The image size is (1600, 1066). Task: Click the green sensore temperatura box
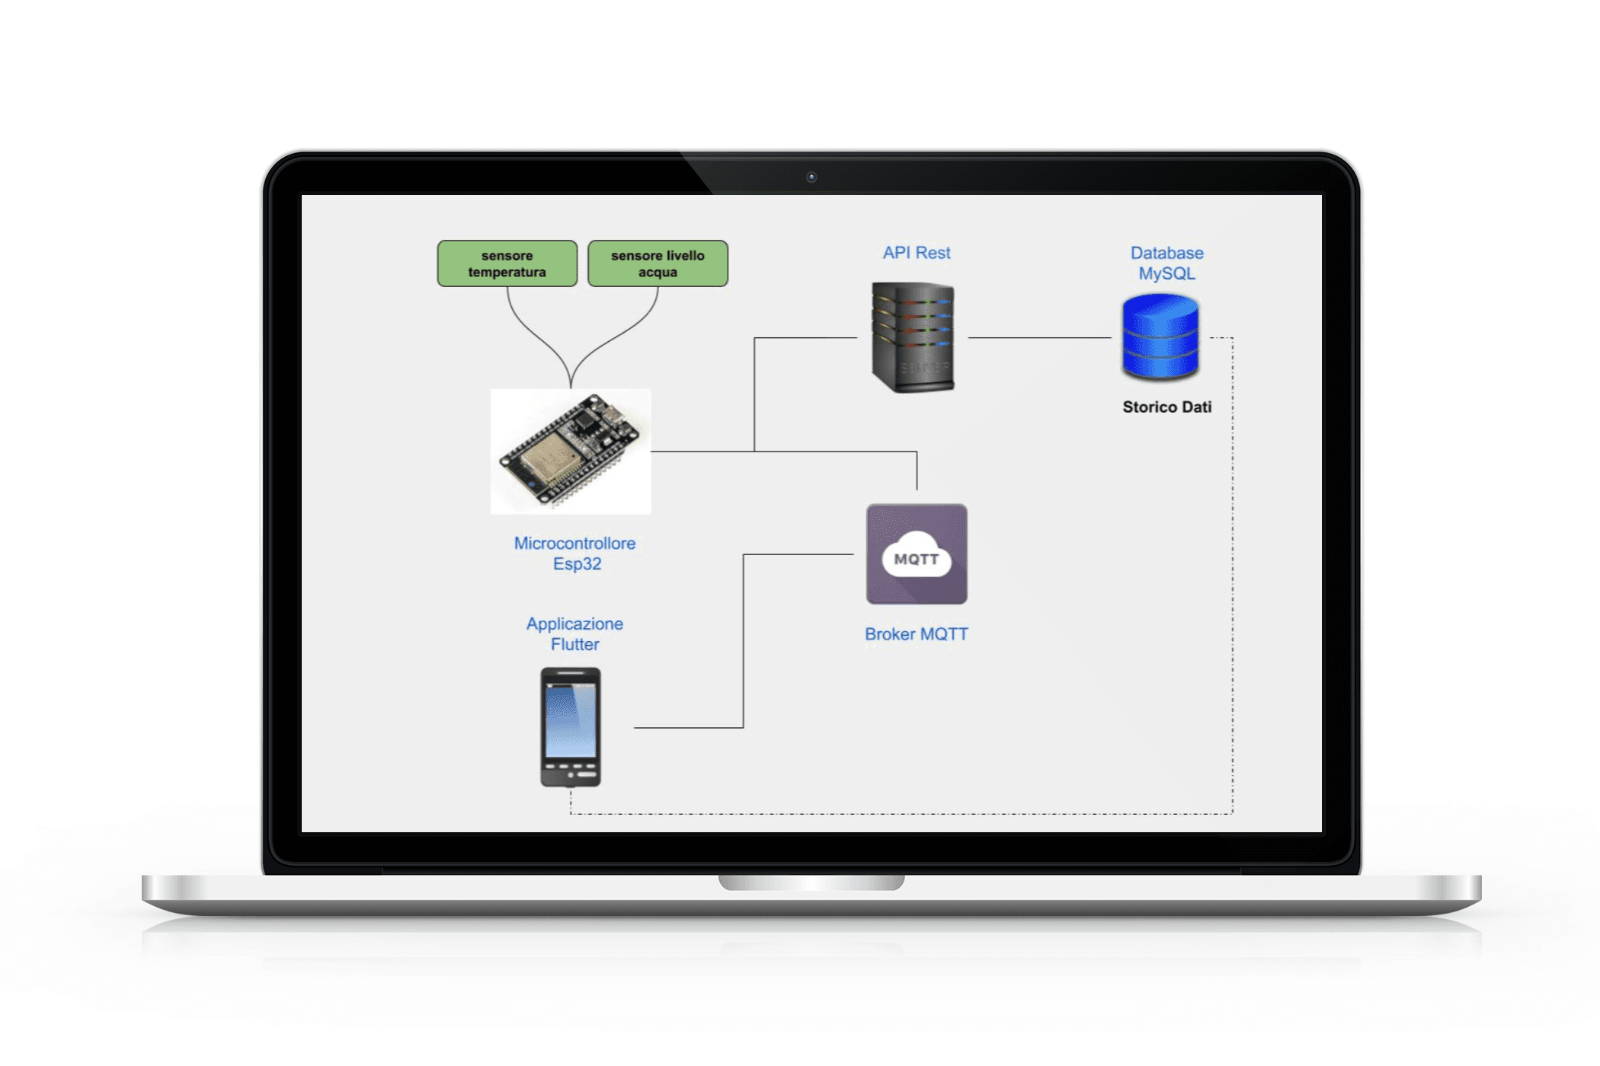pos(507,263)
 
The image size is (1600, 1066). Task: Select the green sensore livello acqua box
pos(658,263)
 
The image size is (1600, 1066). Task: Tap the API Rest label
pos(916,253)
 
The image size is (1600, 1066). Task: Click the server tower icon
pos(913,337)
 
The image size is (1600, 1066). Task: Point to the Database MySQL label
pos(1166,263)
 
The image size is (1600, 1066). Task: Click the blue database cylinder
pos(1160,337)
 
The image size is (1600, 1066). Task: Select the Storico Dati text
pos(1166,407)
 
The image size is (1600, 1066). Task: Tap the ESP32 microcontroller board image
pos(571,451)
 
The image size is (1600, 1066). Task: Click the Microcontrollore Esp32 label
pos(575,554)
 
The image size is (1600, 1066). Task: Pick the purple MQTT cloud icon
pos(917,554)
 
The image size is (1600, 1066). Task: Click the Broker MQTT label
pos(916,634)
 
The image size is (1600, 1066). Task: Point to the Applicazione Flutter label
pos(575,634)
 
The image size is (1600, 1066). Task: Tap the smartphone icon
pos(571,727)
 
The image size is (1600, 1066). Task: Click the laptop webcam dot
pos(811,177)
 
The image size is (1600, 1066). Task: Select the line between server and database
pos(1039,337)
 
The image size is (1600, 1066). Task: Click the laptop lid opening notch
pos(811,882)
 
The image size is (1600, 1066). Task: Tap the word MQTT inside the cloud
pos(916,560)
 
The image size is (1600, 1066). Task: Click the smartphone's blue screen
pos(571,720)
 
